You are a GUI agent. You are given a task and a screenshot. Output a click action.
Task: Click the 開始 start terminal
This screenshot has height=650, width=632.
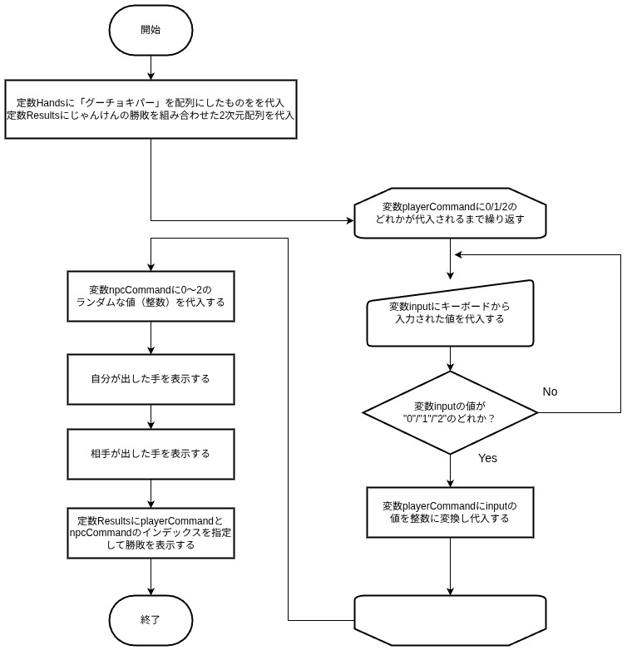[x=151, y=29]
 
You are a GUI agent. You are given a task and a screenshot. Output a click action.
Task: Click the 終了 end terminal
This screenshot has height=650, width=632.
[x=151, y=620]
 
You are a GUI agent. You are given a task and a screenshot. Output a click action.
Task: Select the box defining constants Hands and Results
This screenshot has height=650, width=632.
[x=151, y=109]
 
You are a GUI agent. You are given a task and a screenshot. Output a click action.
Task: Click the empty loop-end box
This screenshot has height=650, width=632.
[x=450, y=619]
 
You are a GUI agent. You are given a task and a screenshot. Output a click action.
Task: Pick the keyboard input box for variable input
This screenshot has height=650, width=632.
[x=450, y=313]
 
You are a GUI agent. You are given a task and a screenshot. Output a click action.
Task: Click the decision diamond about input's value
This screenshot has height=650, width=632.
[x=450, y=411]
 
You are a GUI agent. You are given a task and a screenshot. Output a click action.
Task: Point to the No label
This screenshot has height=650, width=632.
[x=550, y=391]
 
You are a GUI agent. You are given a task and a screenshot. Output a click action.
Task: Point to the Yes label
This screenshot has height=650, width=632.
[x=488, y=458]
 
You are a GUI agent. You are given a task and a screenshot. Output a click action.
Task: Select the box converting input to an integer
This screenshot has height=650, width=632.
[x=450, y=511]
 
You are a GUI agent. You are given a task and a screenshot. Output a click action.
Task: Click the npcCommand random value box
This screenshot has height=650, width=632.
[x=151, y=296]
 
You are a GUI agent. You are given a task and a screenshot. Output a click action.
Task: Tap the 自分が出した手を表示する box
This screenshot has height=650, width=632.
[x=151, y=378]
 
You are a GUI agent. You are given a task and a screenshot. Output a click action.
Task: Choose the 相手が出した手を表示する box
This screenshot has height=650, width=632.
[x=151, y=454]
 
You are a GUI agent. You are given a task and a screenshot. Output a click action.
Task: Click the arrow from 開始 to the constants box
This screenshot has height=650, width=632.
[x=151, y=67]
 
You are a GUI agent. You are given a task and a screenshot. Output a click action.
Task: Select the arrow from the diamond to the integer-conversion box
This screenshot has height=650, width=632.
[x=450, y=470]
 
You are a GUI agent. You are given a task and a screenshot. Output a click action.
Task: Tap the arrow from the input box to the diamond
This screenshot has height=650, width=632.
[x=450, y=357]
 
